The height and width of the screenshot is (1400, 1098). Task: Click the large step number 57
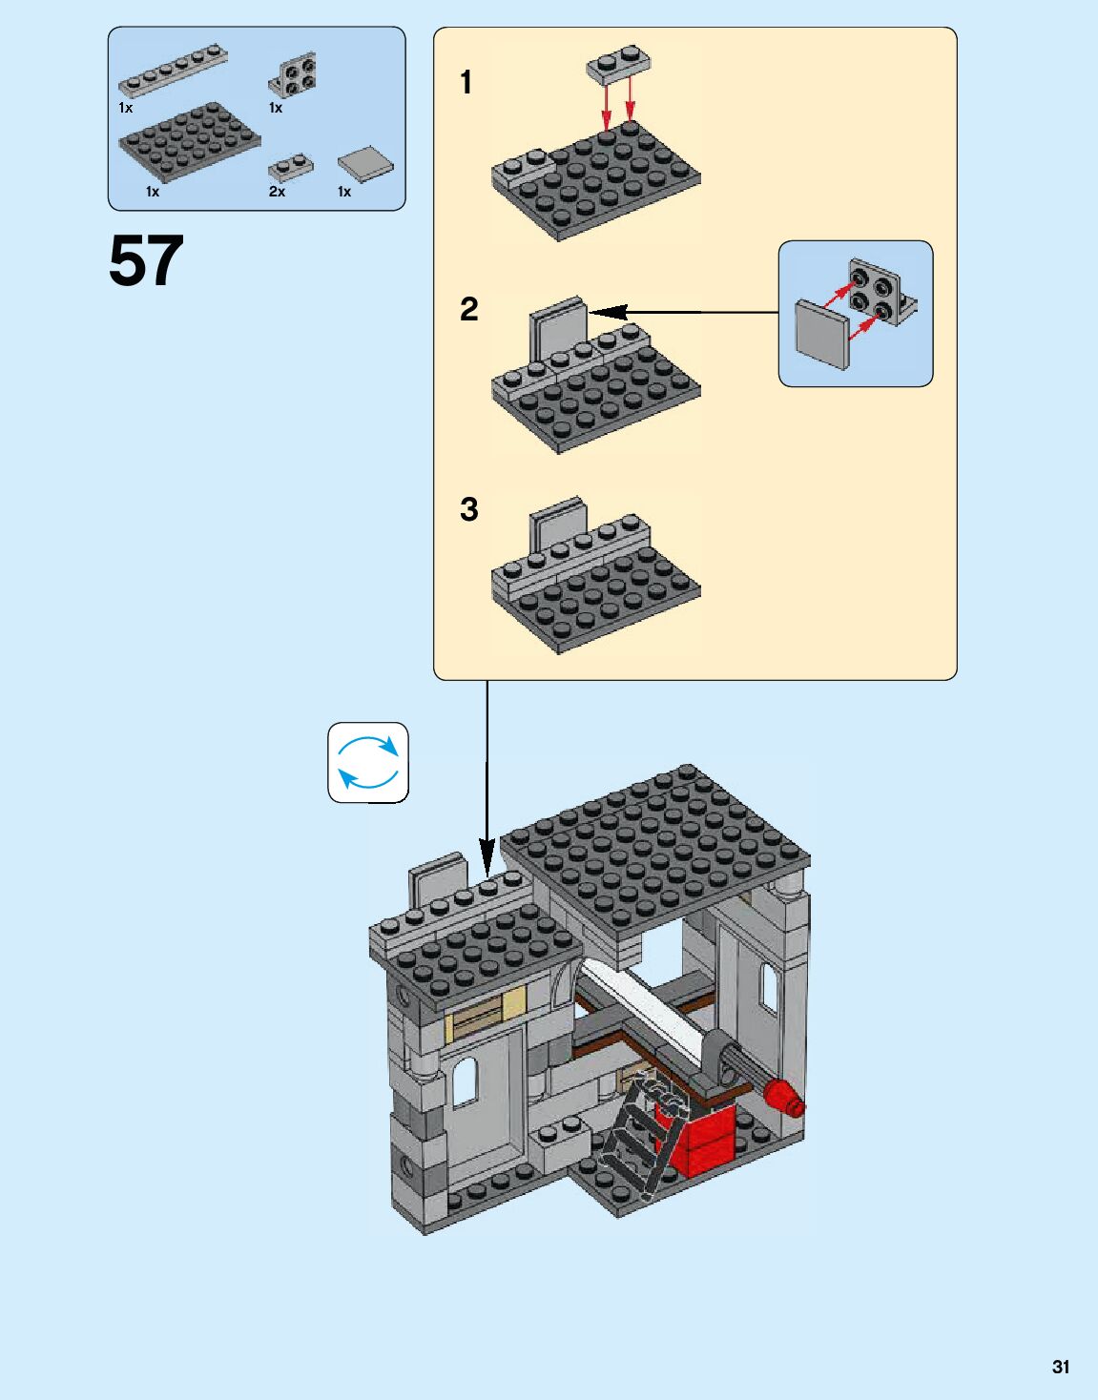click(x=146, y=260)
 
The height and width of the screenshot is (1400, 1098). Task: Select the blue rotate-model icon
click(x=368, y=763)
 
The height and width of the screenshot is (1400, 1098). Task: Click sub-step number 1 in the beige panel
click(x=466, y=82)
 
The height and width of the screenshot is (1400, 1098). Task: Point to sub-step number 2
click(x=469, y=309)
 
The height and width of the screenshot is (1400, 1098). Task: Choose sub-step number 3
click(x=469, y=509)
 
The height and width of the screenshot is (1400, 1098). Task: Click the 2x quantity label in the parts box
click(x=277, y=192)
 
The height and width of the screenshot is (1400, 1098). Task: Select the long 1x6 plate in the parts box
click(x=173, y=71)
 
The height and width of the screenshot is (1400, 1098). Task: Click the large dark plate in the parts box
click(x=190, y=141)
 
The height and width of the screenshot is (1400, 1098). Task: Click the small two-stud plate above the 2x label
click(x=291, y=167)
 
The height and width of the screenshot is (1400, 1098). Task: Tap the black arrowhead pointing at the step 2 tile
click(x=608, y=313)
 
